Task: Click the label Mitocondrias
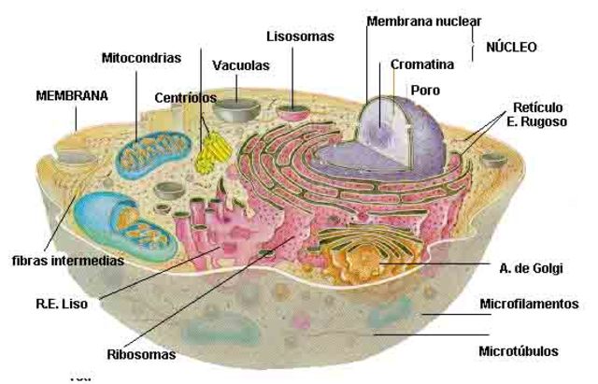click(141, 58)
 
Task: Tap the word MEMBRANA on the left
click(72, 95)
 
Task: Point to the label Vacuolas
click(241, 66)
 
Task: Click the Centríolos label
click(185, 97)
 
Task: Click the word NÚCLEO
click(511, 46)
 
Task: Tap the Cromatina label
click(423, 64)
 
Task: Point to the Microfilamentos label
click(529, 304)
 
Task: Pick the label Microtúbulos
click(519, 351)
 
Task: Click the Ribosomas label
click(141, 355)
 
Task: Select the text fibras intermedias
click(67, 260)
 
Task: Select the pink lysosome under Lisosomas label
click(296, 113)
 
